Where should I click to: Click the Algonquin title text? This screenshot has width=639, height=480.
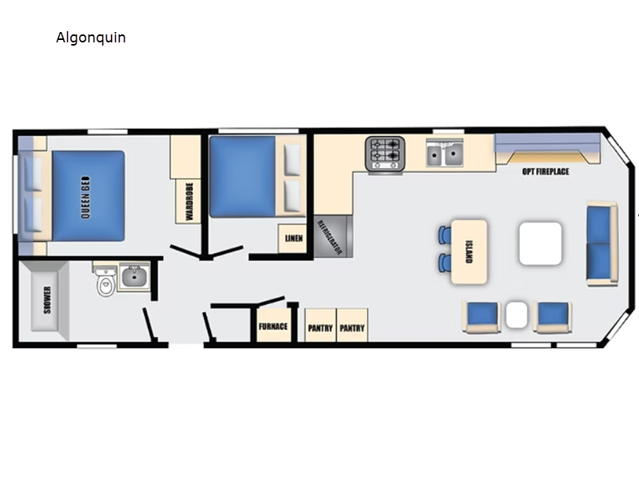[91, 38]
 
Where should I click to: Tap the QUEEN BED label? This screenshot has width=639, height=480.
[85, 197]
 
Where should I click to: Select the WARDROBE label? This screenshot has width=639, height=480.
[189, 202]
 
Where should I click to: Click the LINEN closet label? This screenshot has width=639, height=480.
[293, 238]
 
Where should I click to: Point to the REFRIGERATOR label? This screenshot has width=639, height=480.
[330, 237]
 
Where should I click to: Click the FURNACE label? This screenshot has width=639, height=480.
[273, 326]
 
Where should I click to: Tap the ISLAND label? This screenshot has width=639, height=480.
[469, 252]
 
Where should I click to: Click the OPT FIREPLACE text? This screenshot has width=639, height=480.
[546, 171]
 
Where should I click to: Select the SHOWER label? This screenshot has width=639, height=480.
[47, 300]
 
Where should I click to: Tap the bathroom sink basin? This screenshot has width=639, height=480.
[134, 276]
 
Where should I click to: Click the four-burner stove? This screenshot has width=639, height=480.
[385, 154]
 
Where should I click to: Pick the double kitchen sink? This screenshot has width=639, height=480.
[445, 153]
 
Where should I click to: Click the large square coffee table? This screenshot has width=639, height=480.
[541, 244]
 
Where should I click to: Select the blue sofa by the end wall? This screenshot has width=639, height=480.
[602, 243]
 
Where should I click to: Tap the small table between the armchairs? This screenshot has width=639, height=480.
[516, 314]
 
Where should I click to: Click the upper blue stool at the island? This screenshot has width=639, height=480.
[445, 235]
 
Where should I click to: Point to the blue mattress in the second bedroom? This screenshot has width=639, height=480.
[243, 177]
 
